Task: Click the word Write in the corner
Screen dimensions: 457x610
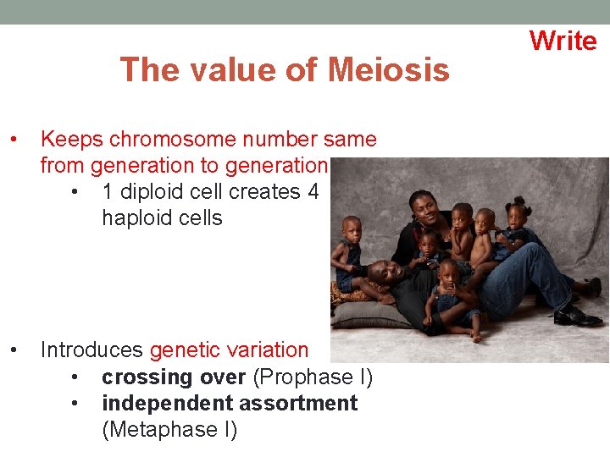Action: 563,40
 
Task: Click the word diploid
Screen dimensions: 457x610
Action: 159,192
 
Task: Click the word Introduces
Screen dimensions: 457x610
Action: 92,350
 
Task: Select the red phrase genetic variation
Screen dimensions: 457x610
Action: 230,350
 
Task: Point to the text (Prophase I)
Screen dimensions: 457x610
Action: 313,377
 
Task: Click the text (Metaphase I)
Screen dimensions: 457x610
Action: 169,430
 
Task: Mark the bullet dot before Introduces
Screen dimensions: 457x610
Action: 14,350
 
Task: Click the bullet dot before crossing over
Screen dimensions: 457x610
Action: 76,377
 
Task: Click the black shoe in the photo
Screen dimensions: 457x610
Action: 578,317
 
